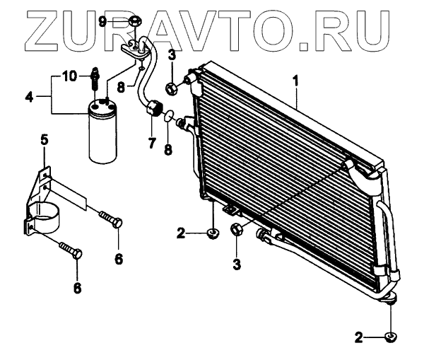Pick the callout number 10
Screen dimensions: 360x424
[69, 75]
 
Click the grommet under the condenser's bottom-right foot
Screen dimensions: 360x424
[389, 337]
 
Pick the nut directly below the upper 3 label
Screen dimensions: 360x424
[171, 89]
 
